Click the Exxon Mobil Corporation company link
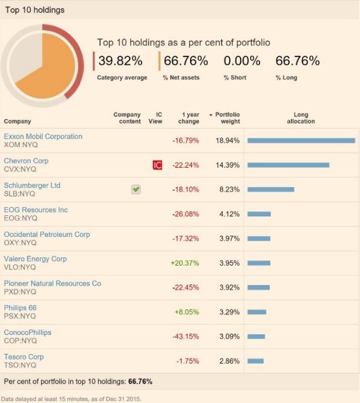click(43, 136)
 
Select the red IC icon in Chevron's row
click(157, 165)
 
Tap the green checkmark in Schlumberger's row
click(136, 190)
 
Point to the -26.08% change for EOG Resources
click(186, 214)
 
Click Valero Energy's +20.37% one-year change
click(185, 263)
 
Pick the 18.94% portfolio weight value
click(228, 140)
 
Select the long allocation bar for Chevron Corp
click(288, 165)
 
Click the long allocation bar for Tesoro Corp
click(255, 361)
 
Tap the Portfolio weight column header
click(227, 118)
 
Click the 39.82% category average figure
click(120, 61)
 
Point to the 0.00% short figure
click(242, 61)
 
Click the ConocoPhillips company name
click(28, 332)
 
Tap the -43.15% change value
click(186, 337)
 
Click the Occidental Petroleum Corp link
click(47, 234)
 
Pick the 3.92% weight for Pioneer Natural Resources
click(229, 288)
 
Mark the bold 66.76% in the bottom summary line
click(140, 381)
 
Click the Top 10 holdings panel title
click(34, 10)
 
